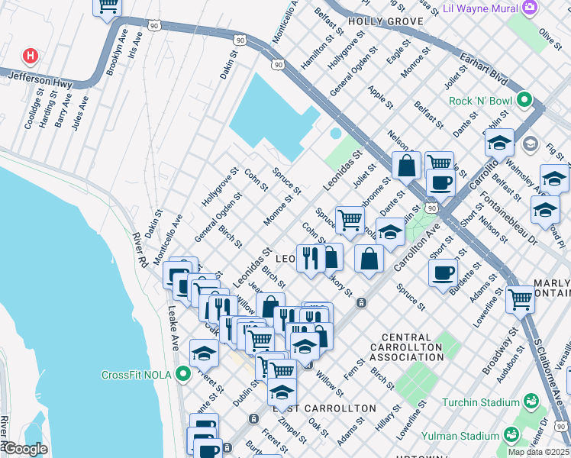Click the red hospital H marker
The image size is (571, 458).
31,56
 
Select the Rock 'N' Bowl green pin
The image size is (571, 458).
524,100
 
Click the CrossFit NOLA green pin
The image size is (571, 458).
182,374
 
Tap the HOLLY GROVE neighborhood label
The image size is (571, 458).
379,21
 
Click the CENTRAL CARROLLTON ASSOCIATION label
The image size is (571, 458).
411,347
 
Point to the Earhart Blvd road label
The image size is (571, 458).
483,66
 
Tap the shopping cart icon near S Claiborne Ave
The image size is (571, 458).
520,298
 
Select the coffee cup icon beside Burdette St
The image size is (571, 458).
442,272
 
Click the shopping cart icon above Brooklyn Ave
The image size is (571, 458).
108,6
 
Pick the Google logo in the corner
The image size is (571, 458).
24,449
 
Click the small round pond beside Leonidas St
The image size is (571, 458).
335,134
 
